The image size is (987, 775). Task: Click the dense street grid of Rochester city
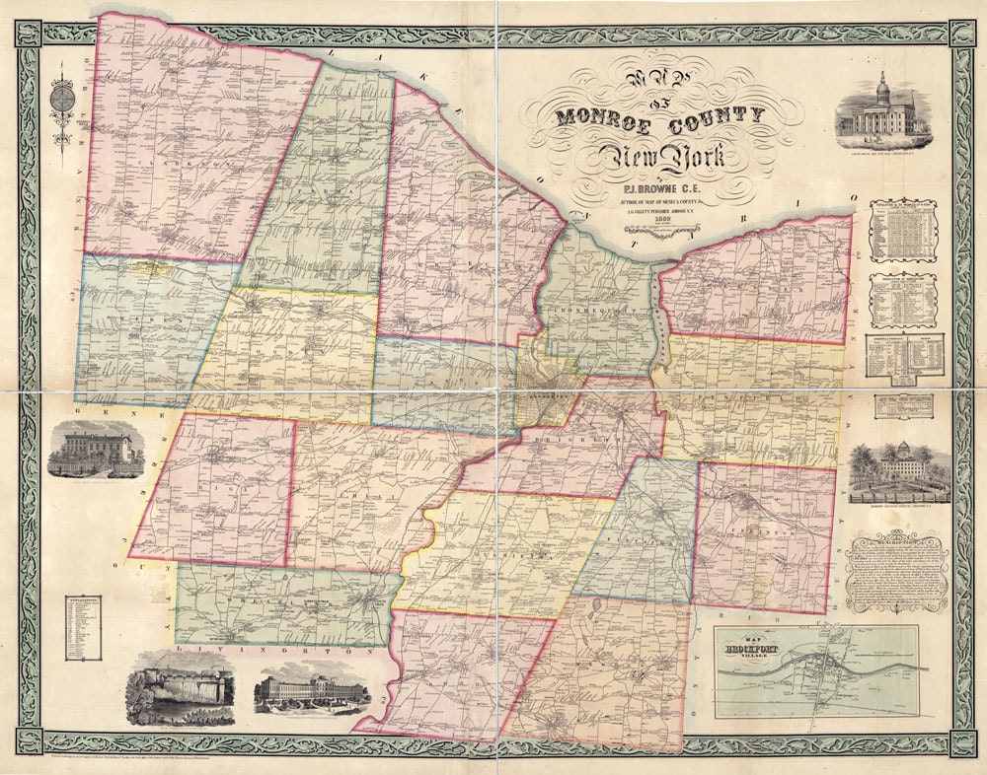click(x=548, y=380)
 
